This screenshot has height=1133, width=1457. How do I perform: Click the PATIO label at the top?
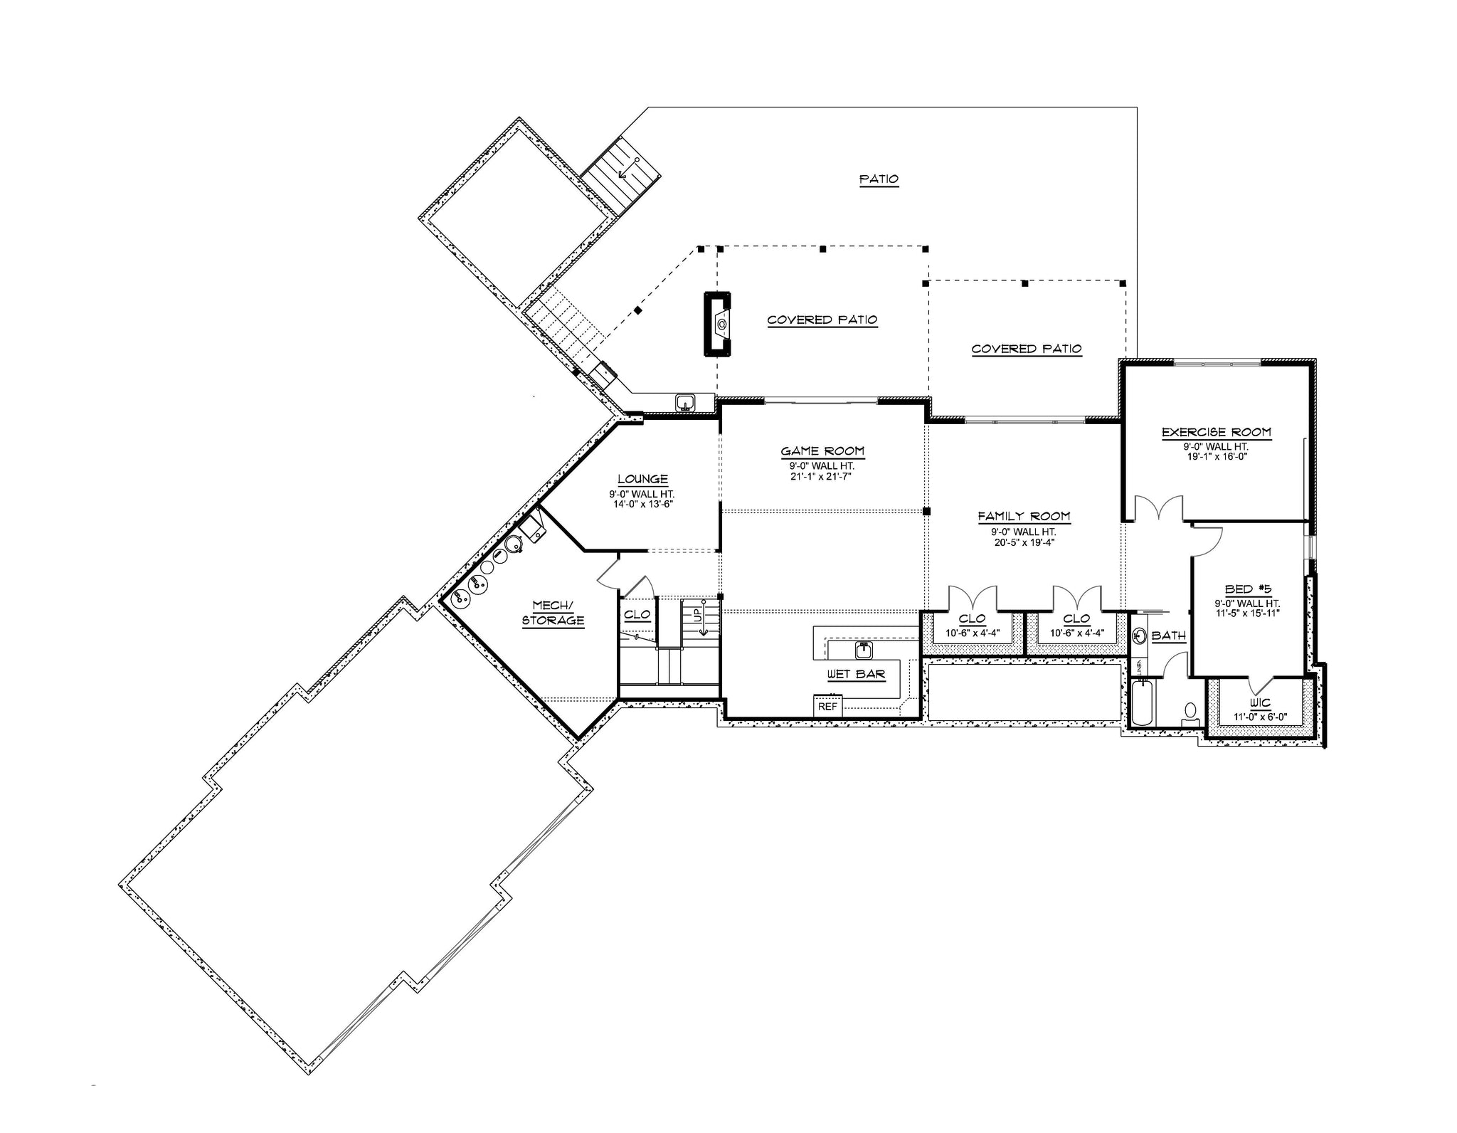(x=879, y=179)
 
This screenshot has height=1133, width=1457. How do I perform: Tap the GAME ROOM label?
(x=822, y=450)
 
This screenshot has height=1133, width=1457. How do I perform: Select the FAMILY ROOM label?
(x=1024, y=517)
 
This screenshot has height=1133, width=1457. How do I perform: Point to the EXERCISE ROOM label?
(x=1216, y=432)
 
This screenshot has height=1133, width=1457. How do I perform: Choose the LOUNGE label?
(x=642, y=480)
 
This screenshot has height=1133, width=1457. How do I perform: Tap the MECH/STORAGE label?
(x=553, y=613)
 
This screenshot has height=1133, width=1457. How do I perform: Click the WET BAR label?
(x=856, y=674)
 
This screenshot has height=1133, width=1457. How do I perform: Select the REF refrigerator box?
(x=827, y=706)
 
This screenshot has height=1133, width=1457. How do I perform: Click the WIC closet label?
(x=1259, y=702)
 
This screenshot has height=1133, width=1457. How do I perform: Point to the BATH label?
(x=1168, y=636)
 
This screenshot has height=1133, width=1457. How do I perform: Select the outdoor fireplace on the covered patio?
(x=719, y=323)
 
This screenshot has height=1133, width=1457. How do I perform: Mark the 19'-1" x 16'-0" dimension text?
(x=1216, y=456)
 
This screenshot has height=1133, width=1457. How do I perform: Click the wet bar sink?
(x=864, y=650)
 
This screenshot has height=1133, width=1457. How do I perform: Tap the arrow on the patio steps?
(x=627, y=167)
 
